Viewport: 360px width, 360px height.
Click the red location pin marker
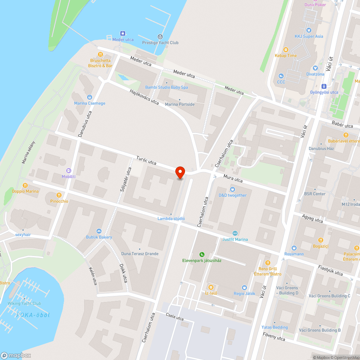click(180, 172)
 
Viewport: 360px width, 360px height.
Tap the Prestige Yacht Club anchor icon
click(160, 36)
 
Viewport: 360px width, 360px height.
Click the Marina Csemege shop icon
click(90, 97)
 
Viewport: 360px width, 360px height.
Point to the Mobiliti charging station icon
click(68, 170)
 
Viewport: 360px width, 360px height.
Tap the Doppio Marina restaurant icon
click(25, 185)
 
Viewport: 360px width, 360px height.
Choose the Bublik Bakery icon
click(99, 231)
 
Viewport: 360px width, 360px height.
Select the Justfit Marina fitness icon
click(235, 233)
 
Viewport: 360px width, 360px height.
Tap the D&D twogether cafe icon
click(233, 189)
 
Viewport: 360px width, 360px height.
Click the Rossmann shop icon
click(294, 248)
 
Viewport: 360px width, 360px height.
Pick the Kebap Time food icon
click(286, 49)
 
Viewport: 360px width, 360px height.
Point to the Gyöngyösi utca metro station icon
click(324, 86)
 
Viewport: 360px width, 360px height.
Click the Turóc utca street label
click(146, 160)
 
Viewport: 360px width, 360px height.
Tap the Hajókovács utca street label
click(144, 96)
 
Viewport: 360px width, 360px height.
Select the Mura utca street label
click(233, 178)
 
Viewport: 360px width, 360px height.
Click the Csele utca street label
click(175, 317)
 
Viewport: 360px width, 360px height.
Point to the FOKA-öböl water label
click(33, 315)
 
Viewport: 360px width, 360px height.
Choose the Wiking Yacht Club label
click(24, 303)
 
